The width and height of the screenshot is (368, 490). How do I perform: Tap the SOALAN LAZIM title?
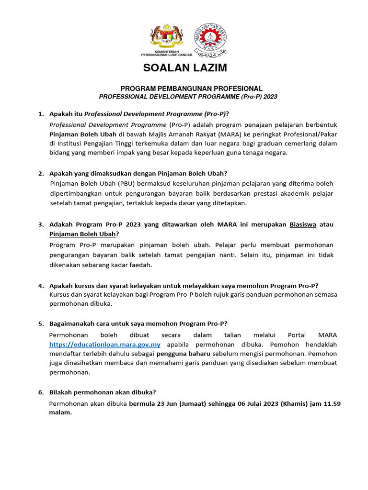point(185,68)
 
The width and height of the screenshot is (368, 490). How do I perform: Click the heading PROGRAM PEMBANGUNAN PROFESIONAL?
point(191,89)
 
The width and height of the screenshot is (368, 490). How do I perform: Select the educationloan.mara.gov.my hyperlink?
point(105,345)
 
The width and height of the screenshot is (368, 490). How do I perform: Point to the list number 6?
point(41,392)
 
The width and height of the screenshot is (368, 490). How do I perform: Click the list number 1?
point(41,114)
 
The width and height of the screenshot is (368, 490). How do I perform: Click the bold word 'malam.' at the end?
point(60,412)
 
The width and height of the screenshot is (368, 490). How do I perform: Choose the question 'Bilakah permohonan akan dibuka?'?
point(103,392)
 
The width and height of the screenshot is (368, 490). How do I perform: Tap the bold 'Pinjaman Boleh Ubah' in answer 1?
point(83,134)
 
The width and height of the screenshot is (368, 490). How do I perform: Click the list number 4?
point(41,286)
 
